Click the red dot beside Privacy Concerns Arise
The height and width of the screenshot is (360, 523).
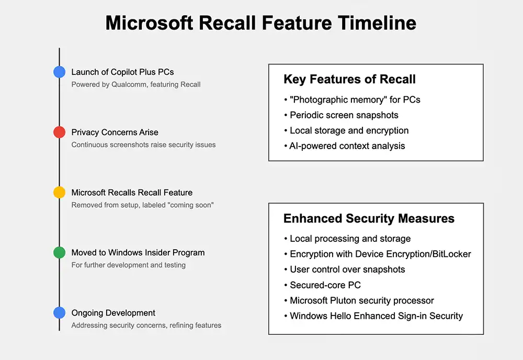(59, 132)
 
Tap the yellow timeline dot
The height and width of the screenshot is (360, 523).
(59, 193)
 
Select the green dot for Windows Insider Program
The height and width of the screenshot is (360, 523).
(59, 253)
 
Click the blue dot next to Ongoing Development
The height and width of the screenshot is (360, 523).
(59, 313)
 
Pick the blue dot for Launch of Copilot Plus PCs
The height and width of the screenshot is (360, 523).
(59, 72)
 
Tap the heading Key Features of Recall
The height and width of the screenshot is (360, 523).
(349, 80)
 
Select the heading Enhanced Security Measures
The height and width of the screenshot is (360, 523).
(369, 218)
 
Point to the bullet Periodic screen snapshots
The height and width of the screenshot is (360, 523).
(344, 115)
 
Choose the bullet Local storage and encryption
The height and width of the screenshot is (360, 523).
(349, 131)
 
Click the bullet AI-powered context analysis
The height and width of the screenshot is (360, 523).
(347, 146)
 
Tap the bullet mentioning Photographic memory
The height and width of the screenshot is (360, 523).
(355, 99)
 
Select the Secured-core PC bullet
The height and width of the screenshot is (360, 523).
(325, 285)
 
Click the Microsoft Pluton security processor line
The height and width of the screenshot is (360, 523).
(362, 301)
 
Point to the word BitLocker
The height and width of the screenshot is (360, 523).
(449, 254)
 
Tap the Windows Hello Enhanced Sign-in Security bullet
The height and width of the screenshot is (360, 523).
(376, 316)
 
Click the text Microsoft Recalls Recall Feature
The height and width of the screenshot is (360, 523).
(132, 193)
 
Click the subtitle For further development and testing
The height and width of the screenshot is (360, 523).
(128, 265)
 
